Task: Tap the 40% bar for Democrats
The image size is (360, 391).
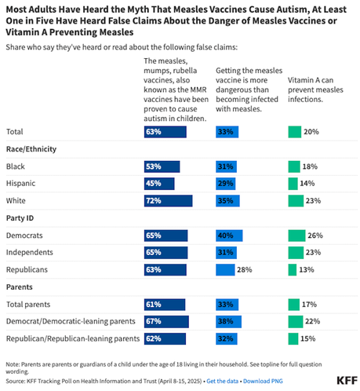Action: (229, 236)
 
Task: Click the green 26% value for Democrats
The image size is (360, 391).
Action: (314, 236)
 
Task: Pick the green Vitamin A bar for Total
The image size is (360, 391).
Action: (294, 131)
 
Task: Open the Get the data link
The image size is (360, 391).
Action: (227, 381)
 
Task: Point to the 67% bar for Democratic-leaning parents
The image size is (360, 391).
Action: (166, 321)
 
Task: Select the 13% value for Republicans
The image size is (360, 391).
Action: (307, 270)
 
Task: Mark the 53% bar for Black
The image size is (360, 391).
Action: (162, 166)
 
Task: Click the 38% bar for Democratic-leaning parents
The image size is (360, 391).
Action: (228, 321)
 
